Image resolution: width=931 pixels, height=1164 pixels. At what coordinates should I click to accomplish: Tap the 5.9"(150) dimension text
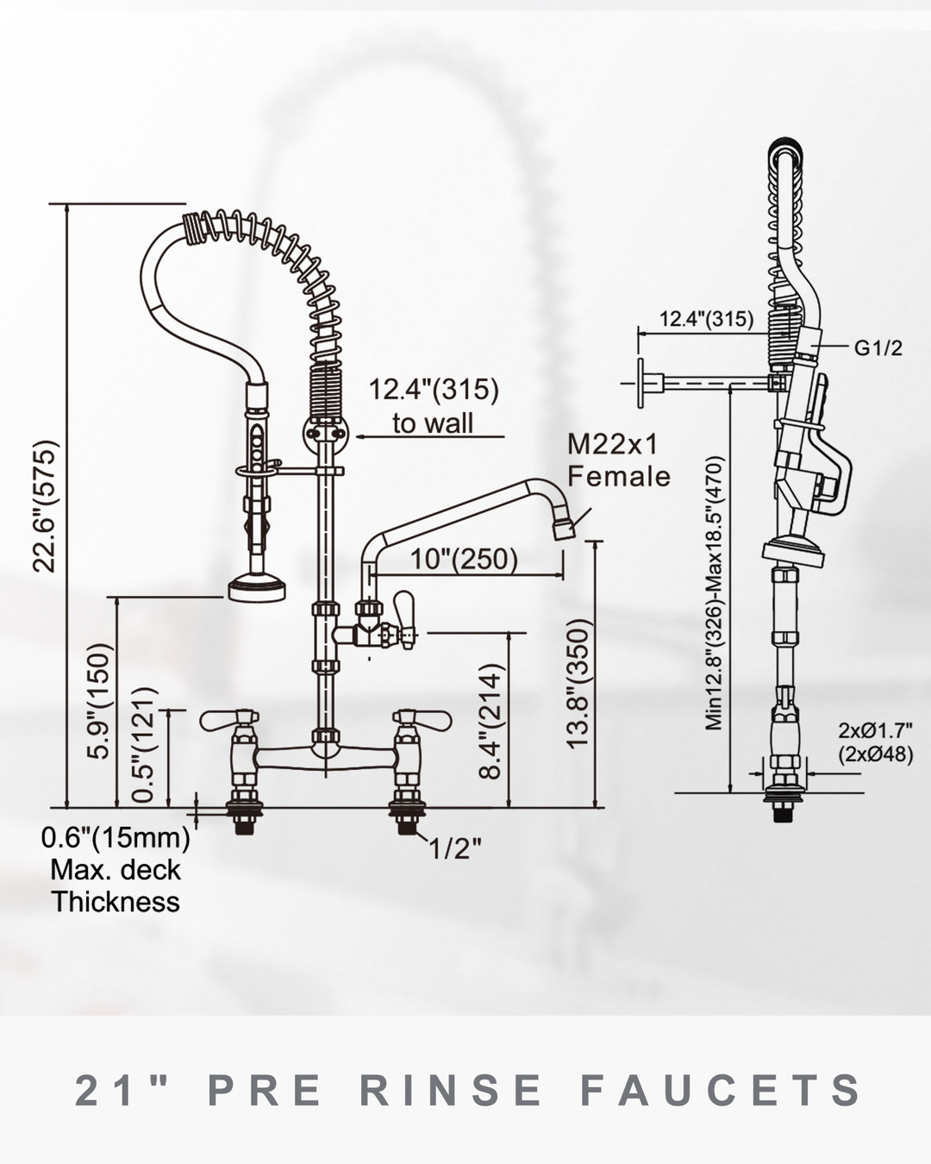[x=100, y=701]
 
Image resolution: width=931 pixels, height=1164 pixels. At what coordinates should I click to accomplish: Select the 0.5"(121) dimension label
[x=147, y=744]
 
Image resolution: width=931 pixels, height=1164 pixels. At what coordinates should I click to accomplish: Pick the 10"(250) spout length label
[x=464, y=559]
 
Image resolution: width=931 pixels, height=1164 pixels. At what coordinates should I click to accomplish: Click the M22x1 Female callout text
[x=617, y=460]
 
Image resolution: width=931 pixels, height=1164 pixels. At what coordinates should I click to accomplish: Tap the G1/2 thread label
[x=878, y=347]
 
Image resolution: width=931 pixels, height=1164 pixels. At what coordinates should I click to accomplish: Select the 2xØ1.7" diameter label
[x=875, y=731]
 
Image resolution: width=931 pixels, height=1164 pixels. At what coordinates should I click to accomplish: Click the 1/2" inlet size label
[x=455, y=849]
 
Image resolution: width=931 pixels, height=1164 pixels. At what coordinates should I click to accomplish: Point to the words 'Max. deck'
[x=116, y=869]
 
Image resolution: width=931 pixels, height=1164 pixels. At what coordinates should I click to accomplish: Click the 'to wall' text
[x=433, y=422]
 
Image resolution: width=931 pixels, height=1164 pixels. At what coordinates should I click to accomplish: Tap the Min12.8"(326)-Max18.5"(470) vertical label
[x=715, y=593]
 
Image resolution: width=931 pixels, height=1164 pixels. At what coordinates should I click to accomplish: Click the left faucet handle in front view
[x=229, y=717]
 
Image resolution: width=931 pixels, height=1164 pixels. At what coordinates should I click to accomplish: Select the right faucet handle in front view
[x=422, y=717]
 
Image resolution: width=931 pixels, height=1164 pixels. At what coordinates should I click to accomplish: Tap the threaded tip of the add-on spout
[x=565, y=527]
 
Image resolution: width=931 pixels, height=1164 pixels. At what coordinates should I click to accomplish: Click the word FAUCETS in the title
[x=721, y=1090]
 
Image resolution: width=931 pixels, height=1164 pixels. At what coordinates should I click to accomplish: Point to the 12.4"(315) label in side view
[x=706, y=318]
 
